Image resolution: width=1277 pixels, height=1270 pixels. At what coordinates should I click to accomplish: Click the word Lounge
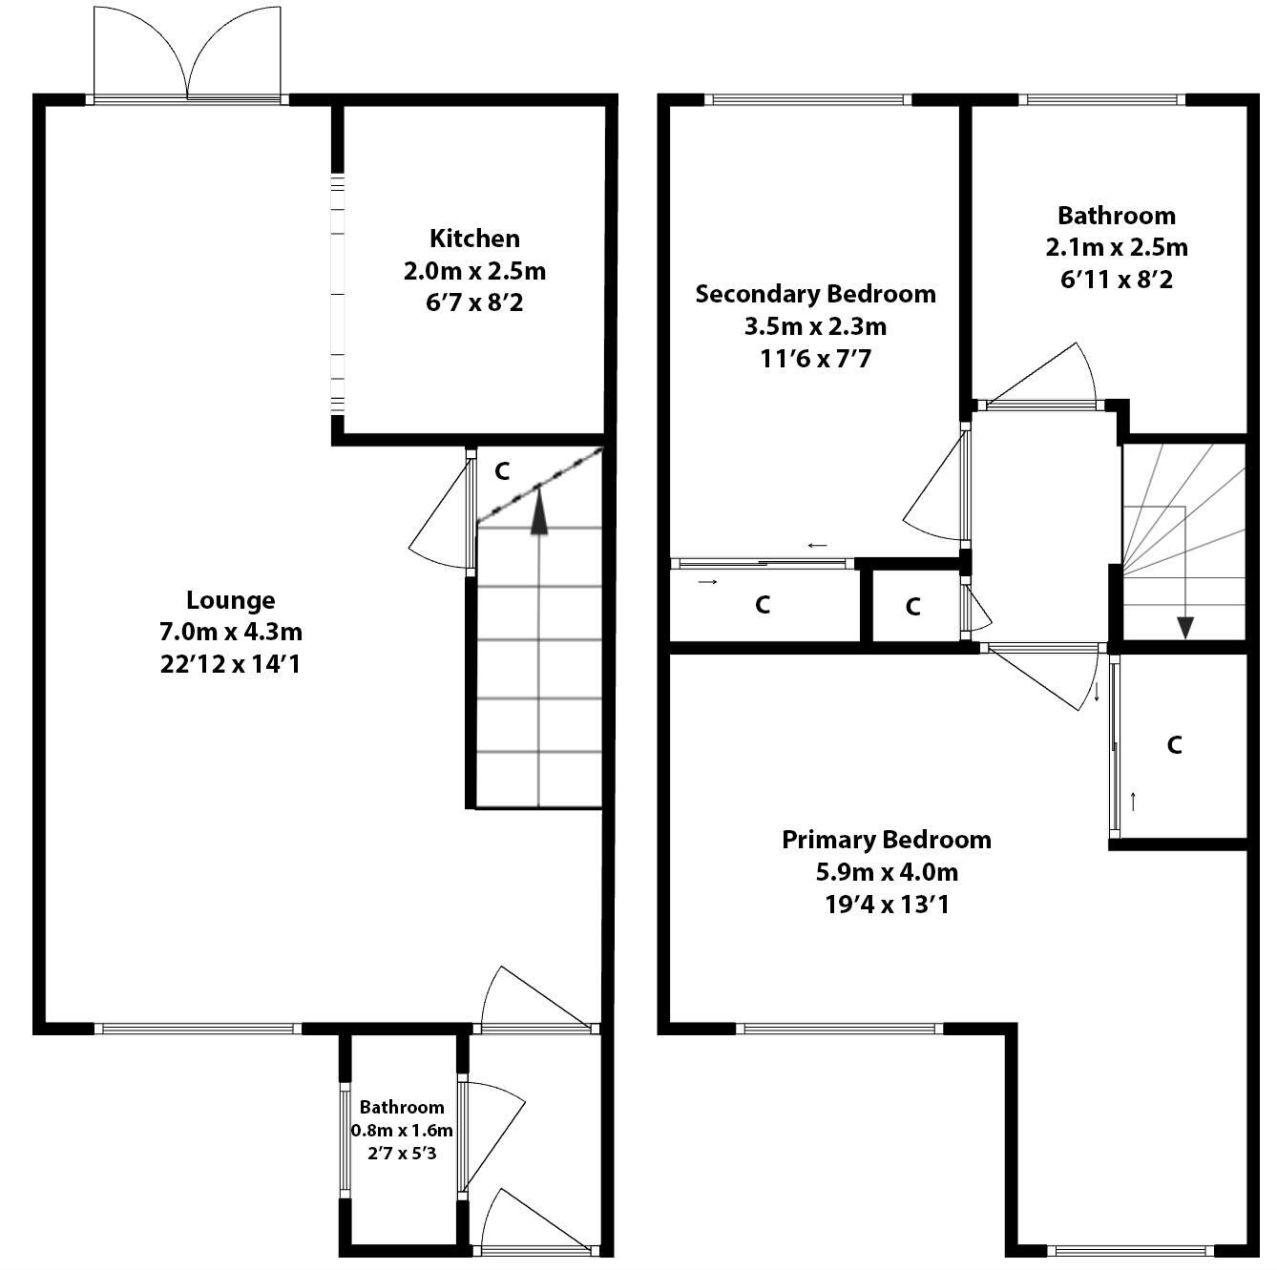pyautogui.click(x=230, y=600)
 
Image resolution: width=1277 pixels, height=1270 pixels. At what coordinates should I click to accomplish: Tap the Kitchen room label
pyautogui.click(x=474, y=239)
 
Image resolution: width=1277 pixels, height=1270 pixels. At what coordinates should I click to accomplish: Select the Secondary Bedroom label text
pyautogui.click(x=815, y=294)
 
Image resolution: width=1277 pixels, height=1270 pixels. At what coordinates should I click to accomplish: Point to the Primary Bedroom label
pyautogui.click(x=886, y=840)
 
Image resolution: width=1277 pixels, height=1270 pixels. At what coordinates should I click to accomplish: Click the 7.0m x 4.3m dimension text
pyautogui.click(x=230, y=632)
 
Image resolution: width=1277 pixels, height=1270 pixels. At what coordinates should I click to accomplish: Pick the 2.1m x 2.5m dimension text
pyautogui.click(x=1117, y=248)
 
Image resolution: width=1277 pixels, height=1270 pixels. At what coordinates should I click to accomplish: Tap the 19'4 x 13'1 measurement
pyautogui.click(x=886, y=905)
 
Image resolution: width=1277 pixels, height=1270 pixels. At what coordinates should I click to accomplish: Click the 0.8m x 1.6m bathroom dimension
pyautogui.click(x=402, y=1131)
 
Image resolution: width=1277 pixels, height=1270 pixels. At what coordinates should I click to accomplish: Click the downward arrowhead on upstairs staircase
pyautogui.click(x=1185, y=627)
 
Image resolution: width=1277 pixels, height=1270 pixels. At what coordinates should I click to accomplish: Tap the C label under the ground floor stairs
pyautogui.click(x=502, y=470)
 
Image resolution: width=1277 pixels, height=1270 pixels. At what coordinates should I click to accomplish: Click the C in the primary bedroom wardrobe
pyautogui.click(x=1174, y=744)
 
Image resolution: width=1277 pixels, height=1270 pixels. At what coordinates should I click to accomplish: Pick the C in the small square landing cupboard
pyautogui.click(x=912, y=607)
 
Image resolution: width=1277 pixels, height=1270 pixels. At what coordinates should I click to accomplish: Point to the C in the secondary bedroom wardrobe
pyautogui.click(x=762, y=605)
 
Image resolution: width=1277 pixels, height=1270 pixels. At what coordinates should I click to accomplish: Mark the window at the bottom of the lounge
pyautogui.click(x=198, y=1029)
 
